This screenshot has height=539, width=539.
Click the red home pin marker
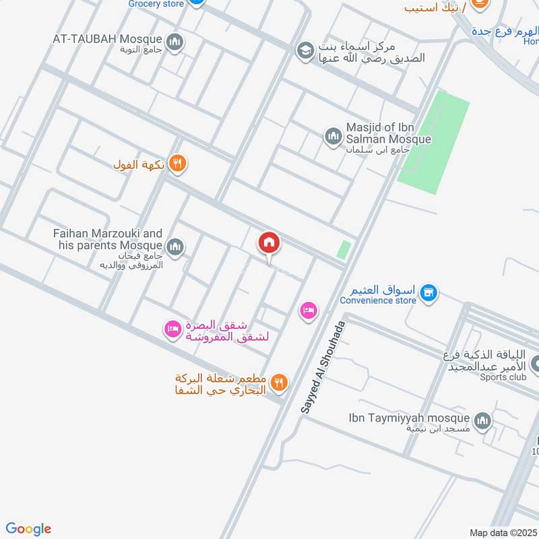(269, 243)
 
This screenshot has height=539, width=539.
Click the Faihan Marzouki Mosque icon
(175, 247)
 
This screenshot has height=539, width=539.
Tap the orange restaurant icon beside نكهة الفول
(177, 162)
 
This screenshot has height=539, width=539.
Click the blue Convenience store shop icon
(427, 293)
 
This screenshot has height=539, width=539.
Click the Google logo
(28, 529)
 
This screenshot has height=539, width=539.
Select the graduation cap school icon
(305, 50)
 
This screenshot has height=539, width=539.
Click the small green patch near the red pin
(344, 250)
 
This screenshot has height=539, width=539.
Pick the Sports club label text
(503, 377)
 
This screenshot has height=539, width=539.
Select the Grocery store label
(155, 3)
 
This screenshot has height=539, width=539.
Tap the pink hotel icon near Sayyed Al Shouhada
(309, 311)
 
